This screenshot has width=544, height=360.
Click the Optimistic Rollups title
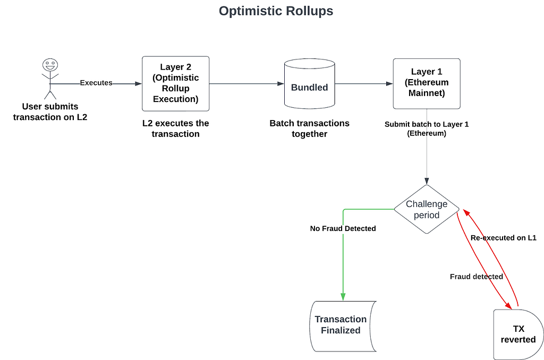[x=276, y=11]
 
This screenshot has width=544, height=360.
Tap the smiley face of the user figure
[x=50, y=65]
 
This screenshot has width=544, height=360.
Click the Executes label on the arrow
[x=96, y=83]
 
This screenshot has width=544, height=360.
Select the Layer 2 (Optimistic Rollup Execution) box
[x=175, y=83]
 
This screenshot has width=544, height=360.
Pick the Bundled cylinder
[x=310, y=83]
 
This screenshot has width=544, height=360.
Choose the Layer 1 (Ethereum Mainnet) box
[x=427, y=83]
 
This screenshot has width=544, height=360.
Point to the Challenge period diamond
[x=427, y=209]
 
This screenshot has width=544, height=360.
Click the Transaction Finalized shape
[x=343, y=327]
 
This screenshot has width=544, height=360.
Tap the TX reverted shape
[x=518, y=335]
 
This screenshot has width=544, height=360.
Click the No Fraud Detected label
[x=343, y=228]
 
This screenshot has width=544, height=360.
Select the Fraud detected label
[x=477, y=277]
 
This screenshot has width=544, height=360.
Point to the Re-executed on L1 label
[x=504, y=238]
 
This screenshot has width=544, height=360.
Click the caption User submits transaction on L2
[x=50, y=112]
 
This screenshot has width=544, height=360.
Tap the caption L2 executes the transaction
[x=175, y=128]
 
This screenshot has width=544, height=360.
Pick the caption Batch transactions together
[x=310, y=128]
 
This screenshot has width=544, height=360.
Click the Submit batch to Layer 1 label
[x=427, y=128]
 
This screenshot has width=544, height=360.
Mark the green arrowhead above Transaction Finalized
[x=343, y=297]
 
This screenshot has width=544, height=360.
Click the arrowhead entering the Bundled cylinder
[x=280, y=83]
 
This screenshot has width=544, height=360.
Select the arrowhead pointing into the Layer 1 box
[x=389, y=83]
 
